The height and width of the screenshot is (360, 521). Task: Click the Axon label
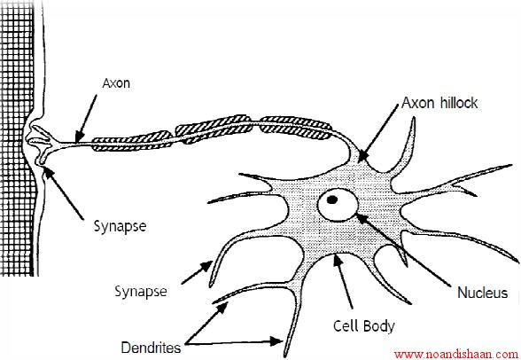(116, 83)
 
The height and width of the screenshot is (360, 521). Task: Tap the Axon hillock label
(439, 103)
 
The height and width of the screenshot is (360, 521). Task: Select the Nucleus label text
(482, 293)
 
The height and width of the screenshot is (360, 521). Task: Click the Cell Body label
(364, 325)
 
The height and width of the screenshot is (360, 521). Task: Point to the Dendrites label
(151, 348)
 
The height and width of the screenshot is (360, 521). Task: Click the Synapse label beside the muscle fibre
(120, 227)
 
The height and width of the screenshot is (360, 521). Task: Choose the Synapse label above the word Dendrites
(141, 292)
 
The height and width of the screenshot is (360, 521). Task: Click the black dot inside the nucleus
(332, 200)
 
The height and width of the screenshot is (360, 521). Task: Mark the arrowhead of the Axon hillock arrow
(362, 156)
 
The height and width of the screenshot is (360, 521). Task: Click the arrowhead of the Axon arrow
(78, 137)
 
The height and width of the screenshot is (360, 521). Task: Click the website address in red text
(456, 354)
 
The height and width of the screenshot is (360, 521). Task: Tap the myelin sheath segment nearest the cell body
(295, 128)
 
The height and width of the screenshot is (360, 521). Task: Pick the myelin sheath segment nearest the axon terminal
(131, 141)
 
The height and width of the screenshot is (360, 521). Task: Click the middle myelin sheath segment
(214, 129)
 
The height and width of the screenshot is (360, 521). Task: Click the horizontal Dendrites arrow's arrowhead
(276, 341)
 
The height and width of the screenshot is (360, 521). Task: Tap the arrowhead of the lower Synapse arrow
(206, 266)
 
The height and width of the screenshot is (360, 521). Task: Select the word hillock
(459, 103)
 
